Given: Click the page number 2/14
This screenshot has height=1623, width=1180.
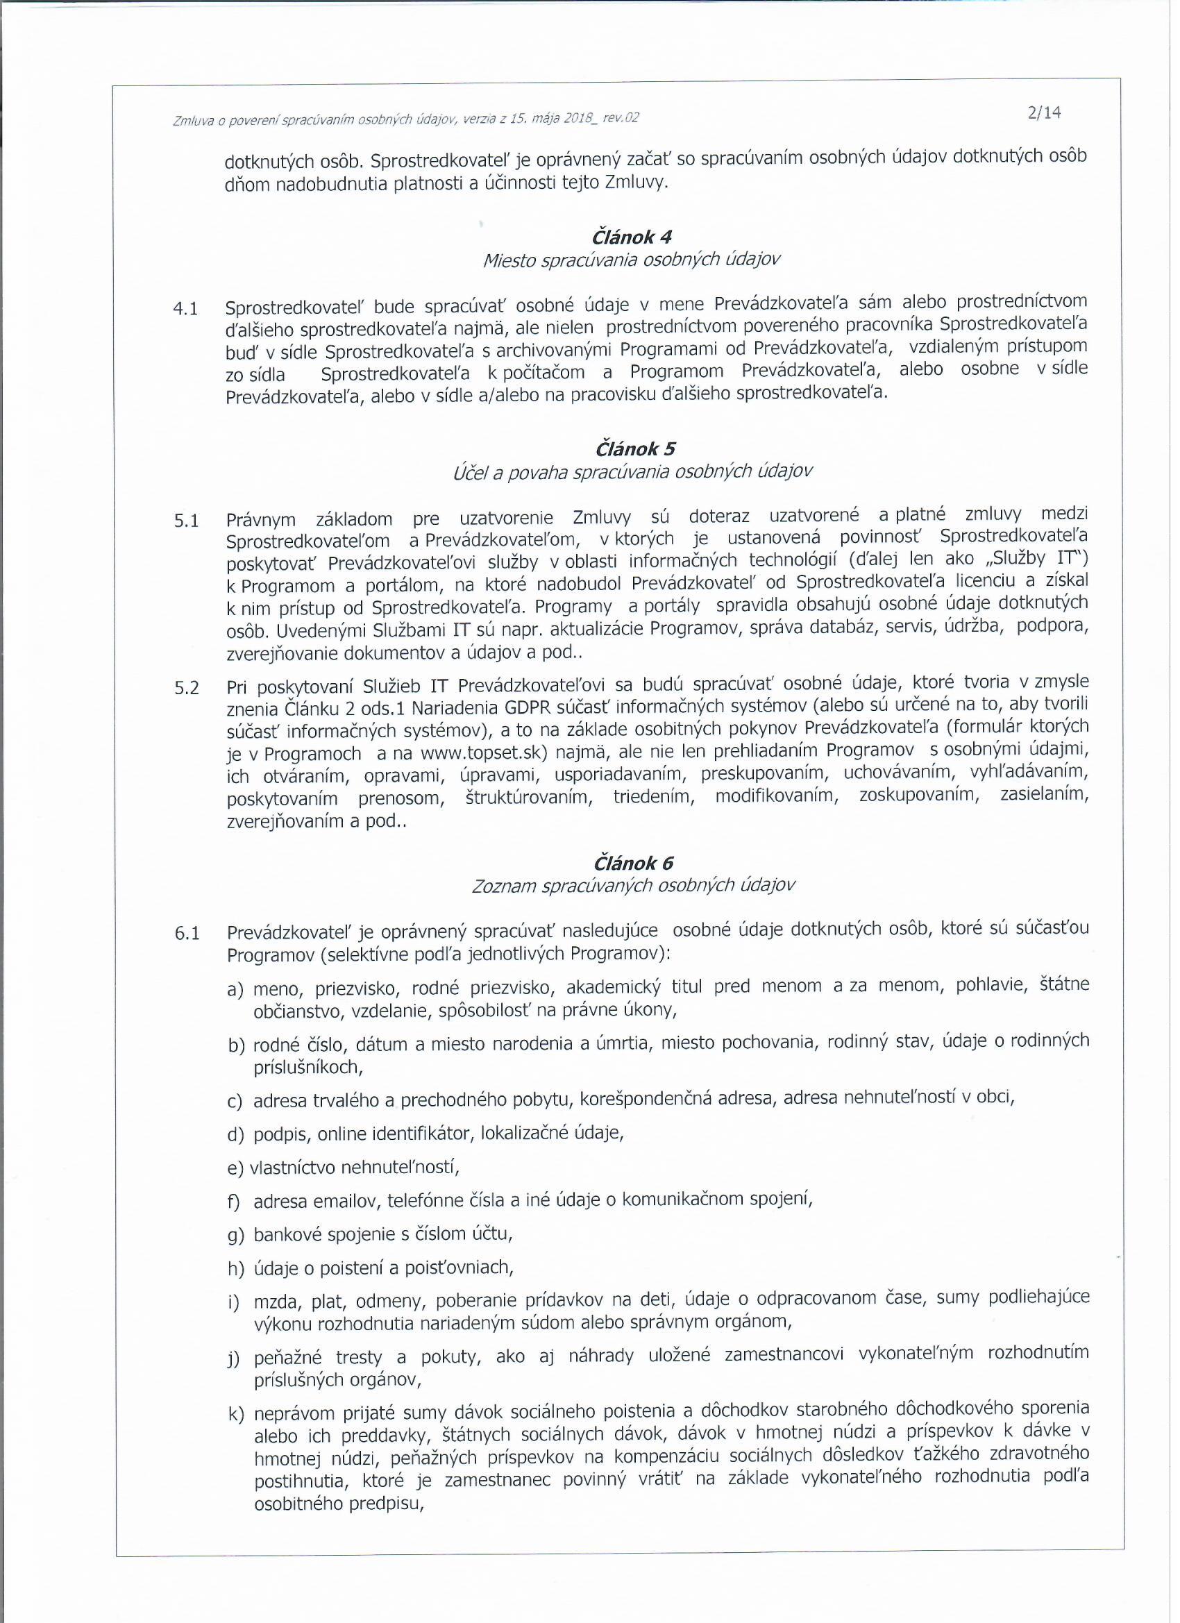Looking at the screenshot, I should tap(1043, 112).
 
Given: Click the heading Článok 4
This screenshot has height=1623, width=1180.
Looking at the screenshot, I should tap(632, 236).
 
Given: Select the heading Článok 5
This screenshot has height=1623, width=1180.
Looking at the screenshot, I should tap(634, 448).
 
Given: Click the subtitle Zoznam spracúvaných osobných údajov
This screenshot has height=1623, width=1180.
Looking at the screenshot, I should tap(633, 886).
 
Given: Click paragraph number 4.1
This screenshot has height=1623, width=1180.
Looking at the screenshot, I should tap(185, 309).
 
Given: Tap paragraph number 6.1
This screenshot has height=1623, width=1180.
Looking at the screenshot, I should tap(185, 933).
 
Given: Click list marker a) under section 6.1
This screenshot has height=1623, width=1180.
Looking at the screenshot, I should tap(236, 991).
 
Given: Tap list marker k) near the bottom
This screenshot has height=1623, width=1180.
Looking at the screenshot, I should tap(236, 1414).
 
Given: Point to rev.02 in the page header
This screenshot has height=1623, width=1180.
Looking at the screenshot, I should tap(621, 117).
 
